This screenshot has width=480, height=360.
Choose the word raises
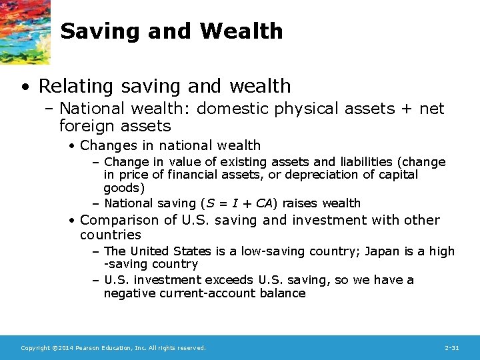300,203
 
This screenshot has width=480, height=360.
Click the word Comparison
120,220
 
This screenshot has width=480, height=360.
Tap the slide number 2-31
451,348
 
